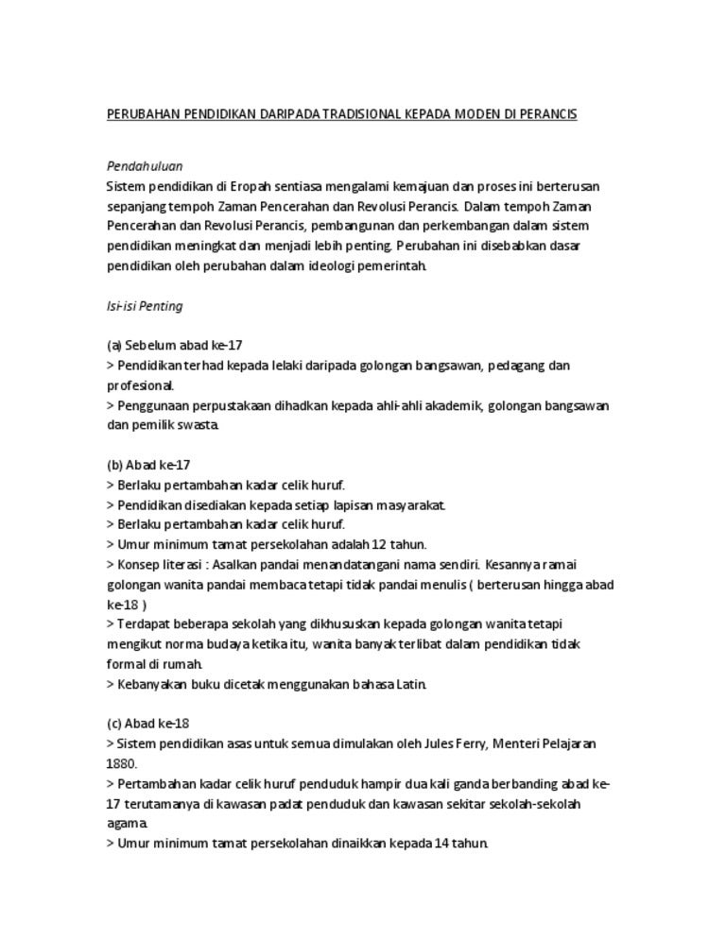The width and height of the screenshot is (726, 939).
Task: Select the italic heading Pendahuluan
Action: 145,166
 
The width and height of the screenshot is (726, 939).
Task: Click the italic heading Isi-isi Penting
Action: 145,306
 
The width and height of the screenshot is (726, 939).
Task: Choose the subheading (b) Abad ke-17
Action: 148,465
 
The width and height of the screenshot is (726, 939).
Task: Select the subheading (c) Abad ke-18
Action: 148,724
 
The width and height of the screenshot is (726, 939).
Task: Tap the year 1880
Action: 121,763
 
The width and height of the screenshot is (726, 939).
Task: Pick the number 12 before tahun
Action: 379,544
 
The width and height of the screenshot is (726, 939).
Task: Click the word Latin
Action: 410,684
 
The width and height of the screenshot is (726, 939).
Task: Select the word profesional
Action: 139,385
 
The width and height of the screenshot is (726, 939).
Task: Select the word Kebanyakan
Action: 154,684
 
